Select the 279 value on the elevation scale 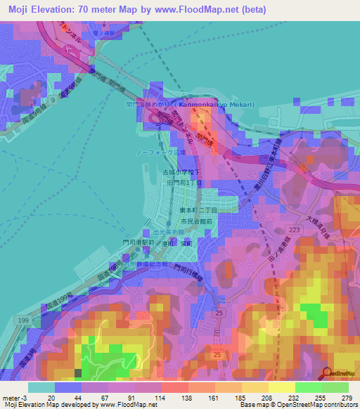coord(347,398)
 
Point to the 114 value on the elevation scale coord(161,398)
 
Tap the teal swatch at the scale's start coord(41,387)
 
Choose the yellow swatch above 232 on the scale coord(281,387)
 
